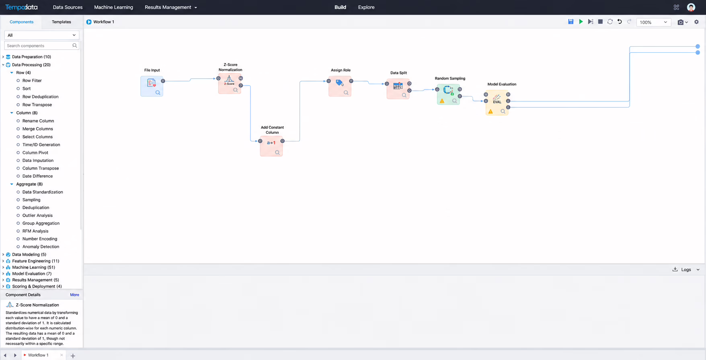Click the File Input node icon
152,83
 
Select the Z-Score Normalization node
230,84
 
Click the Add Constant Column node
271,146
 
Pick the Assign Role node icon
340,83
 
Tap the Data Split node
398,89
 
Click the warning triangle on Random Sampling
442,101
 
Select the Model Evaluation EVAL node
497,103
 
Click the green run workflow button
581,22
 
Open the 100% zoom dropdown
653,22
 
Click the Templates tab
62,22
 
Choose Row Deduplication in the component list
40,96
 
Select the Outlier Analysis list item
37,215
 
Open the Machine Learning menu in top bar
113,7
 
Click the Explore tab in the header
366,7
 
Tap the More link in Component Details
74,295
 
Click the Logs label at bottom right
686,270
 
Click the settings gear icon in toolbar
696,22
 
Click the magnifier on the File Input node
158,92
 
